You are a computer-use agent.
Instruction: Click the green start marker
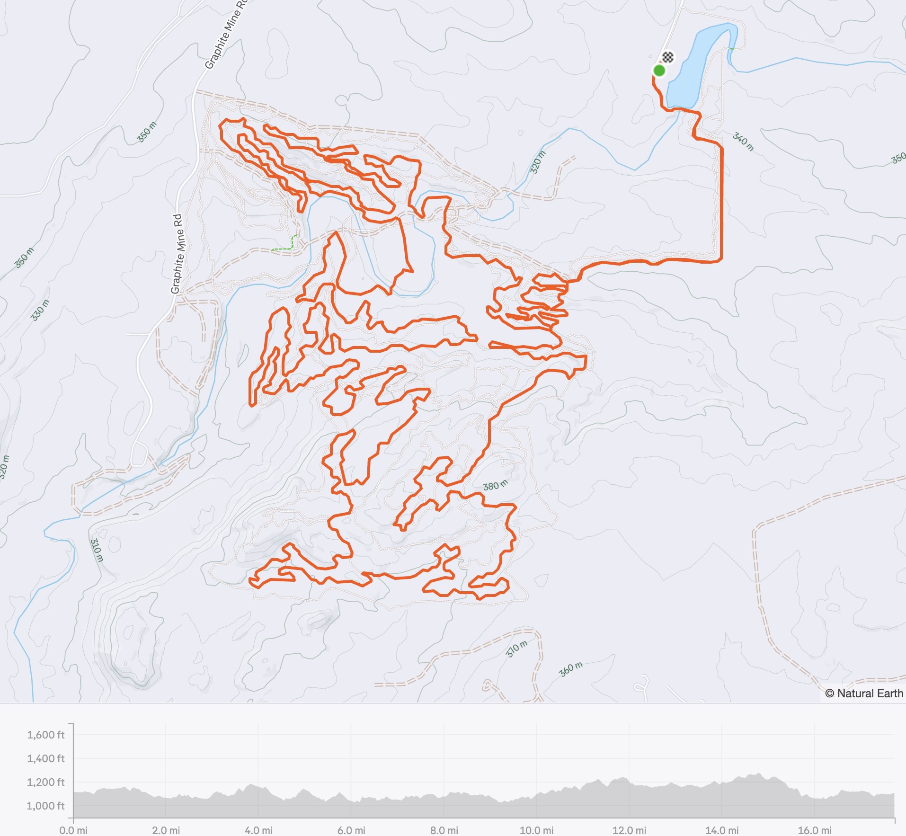[x=659, y=71]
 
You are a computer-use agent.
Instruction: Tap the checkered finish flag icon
[x=667, y=58]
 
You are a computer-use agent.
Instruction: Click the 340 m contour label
[x=743, y=141]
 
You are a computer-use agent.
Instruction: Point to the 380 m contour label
[x=495, y=486]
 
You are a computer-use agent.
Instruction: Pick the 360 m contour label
[x=571, y=669]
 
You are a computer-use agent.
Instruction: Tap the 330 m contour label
[x=40, y=310]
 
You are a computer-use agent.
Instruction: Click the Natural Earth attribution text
[x=864, y=694]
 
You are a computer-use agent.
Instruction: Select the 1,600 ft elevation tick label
[x=45, y=735]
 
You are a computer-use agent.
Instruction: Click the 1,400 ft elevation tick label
[x=45, y=758]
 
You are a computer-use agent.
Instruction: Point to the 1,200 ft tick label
[x=45, y=782]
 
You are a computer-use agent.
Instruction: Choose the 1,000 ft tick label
[x=45, y=806]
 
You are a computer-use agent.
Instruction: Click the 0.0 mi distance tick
[x=73, y=830]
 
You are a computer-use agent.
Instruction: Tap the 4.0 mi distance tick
[x=258, y=830]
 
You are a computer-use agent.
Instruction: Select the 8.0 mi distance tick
[x=444, y=830]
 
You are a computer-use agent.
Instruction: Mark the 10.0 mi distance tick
[x=536, y=830]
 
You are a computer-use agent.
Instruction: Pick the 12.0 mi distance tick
[x=629, y=830]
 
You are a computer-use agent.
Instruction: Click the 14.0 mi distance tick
[x=722, y=830]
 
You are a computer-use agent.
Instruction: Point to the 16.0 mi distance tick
[x=814, y=830]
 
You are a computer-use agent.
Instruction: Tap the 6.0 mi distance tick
[x=351, y=830]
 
